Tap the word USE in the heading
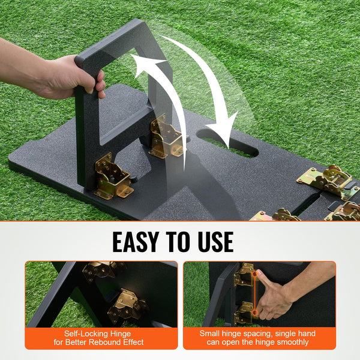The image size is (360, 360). click(x=216, y=242)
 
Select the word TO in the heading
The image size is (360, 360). click(x=178, y=242)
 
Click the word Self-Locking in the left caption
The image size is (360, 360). click(x=86, y=334)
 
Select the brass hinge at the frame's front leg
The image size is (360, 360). click(x=113, y=176)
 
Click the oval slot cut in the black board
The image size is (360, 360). click(x=227, y=143)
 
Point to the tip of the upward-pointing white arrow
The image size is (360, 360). click(x=131, y=55)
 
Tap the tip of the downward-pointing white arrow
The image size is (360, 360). click(x=229, y=148)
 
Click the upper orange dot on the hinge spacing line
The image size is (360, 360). click(x=254, y=274)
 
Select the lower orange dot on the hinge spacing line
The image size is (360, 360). click(x=254, y=313)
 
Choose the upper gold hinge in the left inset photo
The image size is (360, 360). click(x=103, y=271)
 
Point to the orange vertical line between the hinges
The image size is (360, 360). click(x=254, y=293)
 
